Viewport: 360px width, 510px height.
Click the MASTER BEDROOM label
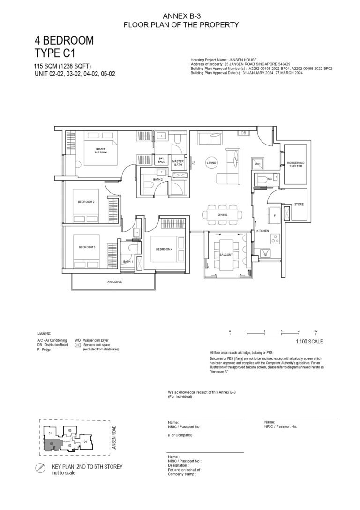pyautogui.click(x=101, y=150)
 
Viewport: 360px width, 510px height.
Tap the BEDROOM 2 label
pyautogui.click(x=86, y=202)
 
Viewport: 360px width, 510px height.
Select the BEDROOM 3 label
pyautogui.click(x=87, y=247)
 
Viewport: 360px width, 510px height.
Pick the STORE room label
pyautogui.click(x=299, y=205)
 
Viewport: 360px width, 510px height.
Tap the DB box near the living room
pyautogui.click(x=244, y=133)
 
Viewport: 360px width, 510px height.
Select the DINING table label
pyautogui.click(x=223, y=215)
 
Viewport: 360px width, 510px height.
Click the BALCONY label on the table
pyautogui.click(x=226, y=254)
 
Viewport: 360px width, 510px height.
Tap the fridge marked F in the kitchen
pyautogui.click(x=275, y=216)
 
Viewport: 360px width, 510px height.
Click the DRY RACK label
pyautogui.click(x=162, y=160)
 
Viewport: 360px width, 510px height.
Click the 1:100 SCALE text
pyautogui.click(x=309, y=342)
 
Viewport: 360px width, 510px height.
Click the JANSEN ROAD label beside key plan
pyautogui.click(x=114, y=438)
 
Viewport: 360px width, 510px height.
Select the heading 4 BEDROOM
pyautogui.click(x=64, y=40)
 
